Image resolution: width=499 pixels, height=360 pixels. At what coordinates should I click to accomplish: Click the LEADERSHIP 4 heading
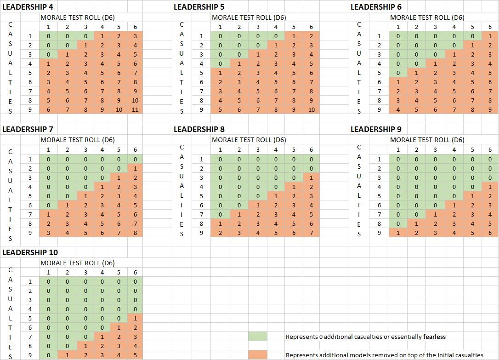coord(27,7)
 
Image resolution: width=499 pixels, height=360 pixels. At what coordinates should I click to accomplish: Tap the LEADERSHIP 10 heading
coord(30,252)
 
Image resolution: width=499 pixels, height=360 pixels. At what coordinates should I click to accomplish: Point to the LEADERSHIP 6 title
coord(376,7)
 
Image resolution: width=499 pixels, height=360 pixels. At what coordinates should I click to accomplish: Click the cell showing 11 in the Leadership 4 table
coord(135,110)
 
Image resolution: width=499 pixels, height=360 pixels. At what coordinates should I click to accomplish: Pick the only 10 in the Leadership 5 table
coord(311,110)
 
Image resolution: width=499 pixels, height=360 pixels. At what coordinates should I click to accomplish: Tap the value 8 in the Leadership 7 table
coord(135,233)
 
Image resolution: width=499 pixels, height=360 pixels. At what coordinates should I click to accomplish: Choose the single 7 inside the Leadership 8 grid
coord(311,233)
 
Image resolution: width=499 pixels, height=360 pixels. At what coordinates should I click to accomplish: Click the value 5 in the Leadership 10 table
coord(135,355)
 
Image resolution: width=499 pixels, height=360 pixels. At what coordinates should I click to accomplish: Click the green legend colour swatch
coord(257,337)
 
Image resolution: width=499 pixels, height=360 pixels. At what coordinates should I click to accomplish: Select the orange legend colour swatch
coord(257,355)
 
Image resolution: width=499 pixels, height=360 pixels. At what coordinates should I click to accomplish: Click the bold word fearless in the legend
coord(434,337)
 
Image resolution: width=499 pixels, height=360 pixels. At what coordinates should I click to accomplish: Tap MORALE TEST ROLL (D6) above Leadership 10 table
coord(78,263)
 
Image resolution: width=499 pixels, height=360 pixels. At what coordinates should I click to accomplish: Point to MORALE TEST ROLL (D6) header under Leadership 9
coord(427,140)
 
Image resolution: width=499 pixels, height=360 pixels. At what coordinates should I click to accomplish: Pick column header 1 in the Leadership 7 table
coord(48,150)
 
